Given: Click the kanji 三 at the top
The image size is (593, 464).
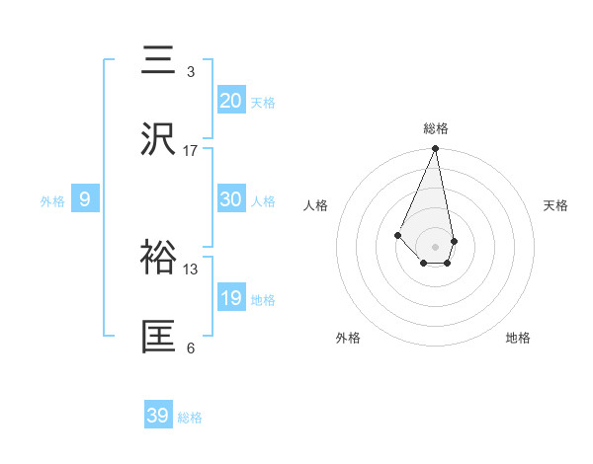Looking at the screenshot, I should [x=159, y=62].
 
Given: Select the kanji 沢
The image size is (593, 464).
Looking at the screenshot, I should [x=159, y=139].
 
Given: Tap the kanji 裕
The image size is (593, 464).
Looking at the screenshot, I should [x=159, y=258].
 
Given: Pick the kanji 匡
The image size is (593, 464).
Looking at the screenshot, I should [x=159, y=337].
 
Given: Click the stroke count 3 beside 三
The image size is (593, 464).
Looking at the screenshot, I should [x=191, y=72].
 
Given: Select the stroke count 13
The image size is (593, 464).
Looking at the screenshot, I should [x=191, y=269].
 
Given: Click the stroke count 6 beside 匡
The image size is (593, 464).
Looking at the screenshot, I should [x=191, y=348].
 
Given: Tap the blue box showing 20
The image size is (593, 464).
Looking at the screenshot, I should [x=231, y=101].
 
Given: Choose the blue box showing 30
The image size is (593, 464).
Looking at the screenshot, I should [x=231, y=199].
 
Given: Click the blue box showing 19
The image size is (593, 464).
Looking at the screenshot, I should [x=231, y=298].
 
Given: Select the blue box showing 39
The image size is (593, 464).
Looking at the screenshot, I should [x=158, y=416].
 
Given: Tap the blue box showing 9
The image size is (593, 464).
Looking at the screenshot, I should [x=85, y=199].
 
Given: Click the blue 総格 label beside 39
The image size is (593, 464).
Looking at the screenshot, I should [x=190, y=418].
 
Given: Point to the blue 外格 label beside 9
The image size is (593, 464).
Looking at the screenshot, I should [x=52, y=201].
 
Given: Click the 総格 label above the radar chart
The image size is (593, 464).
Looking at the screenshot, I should [x=436, y=128].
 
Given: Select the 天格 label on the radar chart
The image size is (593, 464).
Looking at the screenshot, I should [x=556, y=205].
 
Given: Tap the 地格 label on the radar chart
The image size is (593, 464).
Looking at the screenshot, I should [x=518, y=339].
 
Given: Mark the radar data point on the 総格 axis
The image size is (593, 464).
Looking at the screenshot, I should [x=436, y=149].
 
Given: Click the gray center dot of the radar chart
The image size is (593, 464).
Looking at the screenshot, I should [x=436, y=246].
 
